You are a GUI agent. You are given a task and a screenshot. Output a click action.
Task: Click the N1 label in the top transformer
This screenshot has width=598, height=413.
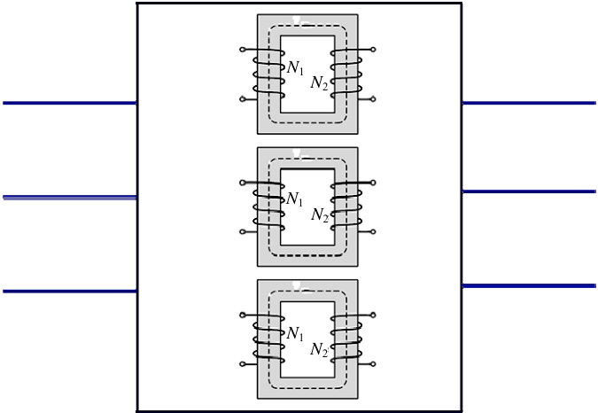pyautogui.click(x=295, y=68)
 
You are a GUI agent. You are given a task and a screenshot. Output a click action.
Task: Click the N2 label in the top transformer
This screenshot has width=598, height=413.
pyautogui.click(x=319, y=82)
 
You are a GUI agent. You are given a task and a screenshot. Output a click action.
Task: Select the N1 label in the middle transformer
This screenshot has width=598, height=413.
pyautogui.click(x=294, y=199)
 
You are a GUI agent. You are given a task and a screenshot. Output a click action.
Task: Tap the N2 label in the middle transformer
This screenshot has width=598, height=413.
pyautogui.click(x=320, y=215)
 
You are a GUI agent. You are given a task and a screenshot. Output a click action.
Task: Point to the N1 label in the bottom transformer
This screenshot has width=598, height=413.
pyautogui.click(x=295, y=333)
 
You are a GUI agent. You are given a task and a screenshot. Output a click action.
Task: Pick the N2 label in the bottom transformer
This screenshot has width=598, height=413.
pyautogui.click(x=319, y=350)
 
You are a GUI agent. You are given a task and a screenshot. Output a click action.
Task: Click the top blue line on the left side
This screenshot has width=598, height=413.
pyautogui.click(x=70, y=103)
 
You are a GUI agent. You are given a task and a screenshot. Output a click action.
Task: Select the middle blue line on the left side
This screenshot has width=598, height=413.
pyautogui.click(x=70, y=198)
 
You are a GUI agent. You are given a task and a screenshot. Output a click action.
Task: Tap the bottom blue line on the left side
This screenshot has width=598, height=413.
pyautogui.click(x=70, y=292)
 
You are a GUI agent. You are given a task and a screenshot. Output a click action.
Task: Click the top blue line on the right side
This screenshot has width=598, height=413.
pyautogui.click(x=529, y=103)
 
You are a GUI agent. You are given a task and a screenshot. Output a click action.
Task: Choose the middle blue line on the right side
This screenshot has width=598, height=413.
pyautogui.click(x=529, y=191)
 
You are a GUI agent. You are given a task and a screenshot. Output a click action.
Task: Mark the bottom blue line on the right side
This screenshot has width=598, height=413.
pyautogui.click(x=529, y=285)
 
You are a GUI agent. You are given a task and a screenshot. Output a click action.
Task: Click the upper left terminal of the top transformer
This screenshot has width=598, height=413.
pyautogui.click(x=242, y=50)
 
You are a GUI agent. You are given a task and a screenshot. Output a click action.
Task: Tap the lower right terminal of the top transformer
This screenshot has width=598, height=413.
pyautogui.click(x=373, y=99)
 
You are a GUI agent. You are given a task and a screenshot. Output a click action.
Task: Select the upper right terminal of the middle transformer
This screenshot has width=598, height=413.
pyautogui.click(x=373, y=183)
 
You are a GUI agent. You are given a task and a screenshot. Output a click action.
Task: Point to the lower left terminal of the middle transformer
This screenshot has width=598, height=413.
pyautogui.click(x=242, y=232)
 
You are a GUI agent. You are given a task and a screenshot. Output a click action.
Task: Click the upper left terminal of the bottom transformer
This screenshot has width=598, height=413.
pyautogui.click(x=242, y=315)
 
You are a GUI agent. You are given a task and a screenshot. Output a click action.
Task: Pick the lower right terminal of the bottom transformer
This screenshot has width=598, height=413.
pyautogui.click(x=373, y=364)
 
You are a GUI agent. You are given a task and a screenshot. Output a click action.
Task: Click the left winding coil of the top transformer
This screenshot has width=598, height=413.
pyautogui.click(x=268, y=74)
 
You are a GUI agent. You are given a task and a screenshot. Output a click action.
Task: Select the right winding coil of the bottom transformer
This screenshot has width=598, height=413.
pyautogui.click(x=346, y=339)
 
